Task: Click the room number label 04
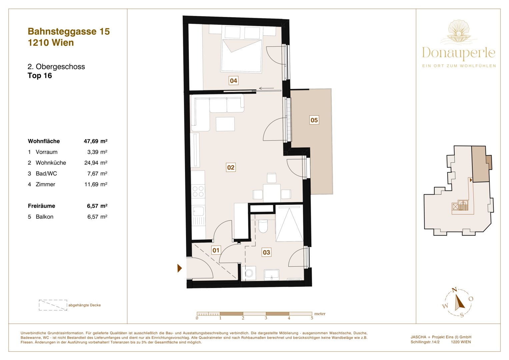pyautogui.click(x=233, y=81)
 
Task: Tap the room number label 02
pyautogui.click(x=231, y=167)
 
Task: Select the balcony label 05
pyautogui.click(x=314, y=120)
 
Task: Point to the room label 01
pyautogui.click(x=216, y=250)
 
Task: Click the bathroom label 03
pyautogui.click(x=266, y=252)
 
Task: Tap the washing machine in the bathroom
pyautogui.click(x=249, y=273)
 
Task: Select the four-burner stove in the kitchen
pyautogui.click(x=198, y=191)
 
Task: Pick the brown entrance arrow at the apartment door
pyautogui.click(x=180, y=268)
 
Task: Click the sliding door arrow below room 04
pyautogui.click(x=267, y=88)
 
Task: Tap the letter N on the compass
pyautogui.click(x=454, y=290)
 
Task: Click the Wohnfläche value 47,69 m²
pyautogui.click(x=95, y=141)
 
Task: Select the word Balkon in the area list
pyautogui.click(x=45, y=217)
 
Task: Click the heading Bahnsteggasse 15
pyautogui.click(x=69, y=32)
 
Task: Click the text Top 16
pyautogui.click(x=40, y=76)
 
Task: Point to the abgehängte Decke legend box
pyautogui.click(x=53, y=305)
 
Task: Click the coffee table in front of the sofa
pyautogui.click(x=225, y=124)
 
